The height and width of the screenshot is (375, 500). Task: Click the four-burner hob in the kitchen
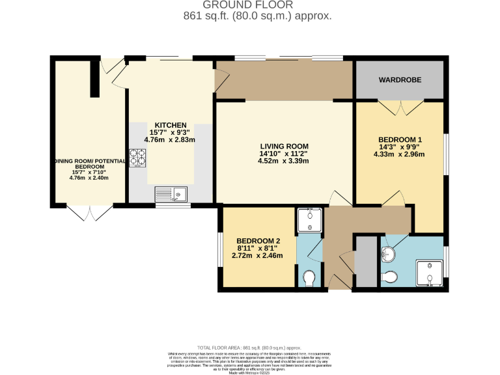[137, 157]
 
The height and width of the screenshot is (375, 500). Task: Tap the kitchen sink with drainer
[171, 193]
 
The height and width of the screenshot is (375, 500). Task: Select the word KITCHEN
[171, 125]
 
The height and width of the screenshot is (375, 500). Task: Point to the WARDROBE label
[400, 79]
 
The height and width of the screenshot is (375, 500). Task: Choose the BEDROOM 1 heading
[400, 140]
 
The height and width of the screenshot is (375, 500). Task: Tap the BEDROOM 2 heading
[258, 242]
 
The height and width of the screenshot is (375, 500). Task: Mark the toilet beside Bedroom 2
[310, 278]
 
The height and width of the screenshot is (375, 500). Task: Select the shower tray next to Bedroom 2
[310, 221]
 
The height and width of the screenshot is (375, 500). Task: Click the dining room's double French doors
[90, 213]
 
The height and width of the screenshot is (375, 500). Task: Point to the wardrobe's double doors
[400, 107]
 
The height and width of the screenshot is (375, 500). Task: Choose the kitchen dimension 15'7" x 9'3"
[171, 132]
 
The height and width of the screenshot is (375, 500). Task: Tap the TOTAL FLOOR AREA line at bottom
[249, 348]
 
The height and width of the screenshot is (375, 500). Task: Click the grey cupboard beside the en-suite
[365, 262]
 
